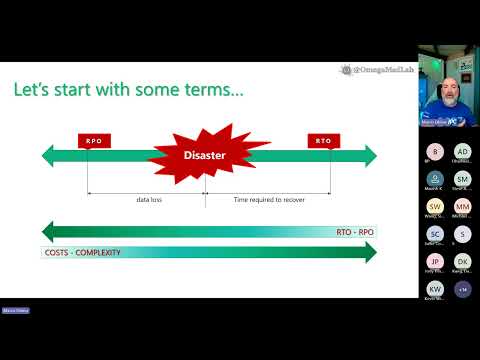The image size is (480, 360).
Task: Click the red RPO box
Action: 92,141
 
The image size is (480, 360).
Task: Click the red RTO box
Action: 323,141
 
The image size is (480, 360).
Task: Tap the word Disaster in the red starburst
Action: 205,154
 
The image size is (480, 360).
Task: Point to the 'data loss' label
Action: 150,200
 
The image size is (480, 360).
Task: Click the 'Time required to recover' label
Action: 269,200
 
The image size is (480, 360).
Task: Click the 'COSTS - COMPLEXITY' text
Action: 83,252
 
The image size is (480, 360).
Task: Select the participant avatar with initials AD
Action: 462,151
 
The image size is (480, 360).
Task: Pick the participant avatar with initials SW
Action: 434,206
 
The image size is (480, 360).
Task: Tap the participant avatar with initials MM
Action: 462,206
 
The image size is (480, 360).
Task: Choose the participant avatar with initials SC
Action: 434,234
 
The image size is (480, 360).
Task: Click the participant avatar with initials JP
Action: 434,261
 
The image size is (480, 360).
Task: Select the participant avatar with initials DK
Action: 462,261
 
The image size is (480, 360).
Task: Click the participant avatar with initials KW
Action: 434,289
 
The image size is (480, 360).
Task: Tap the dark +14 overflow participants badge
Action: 462,289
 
